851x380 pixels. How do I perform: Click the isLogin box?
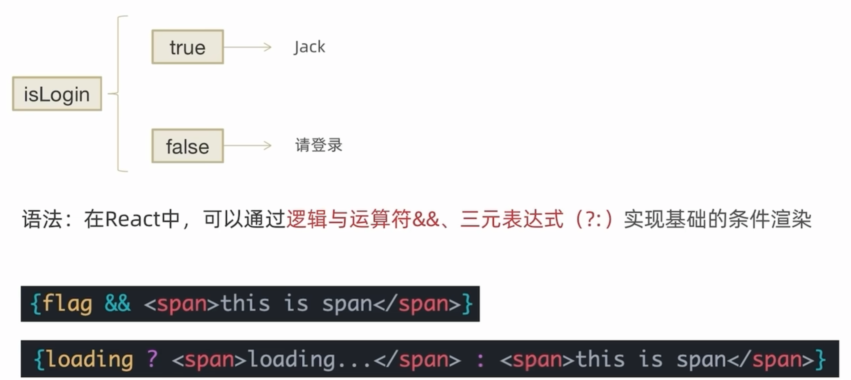tap(57, 94)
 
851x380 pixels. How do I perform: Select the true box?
tap(188, 47)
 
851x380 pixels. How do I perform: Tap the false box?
tap(188, 146)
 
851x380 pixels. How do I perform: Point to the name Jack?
tap(309, 47)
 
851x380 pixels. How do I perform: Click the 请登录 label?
tap(319, 145)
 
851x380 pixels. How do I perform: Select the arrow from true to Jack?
tap(247, 47)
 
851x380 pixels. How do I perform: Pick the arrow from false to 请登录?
tap(247, 145)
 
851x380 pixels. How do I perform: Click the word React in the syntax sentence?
tap(133, 220)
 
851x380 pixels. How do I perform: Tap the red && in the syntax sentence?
tap(425, 220)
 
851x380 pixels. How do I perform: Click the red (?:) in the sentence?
tap(594, 220)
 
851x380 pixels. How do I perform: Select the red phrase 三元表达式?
tap(512, 220)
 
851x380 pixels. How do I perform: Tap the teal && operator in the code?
tap(117, 304)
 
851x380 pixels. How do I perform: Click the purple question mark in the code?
tap(152, 359)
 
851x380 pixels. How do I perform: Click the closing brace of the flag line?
tap(467, 304)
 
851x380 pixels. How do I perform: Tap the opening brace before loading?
tap(39, 359)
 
